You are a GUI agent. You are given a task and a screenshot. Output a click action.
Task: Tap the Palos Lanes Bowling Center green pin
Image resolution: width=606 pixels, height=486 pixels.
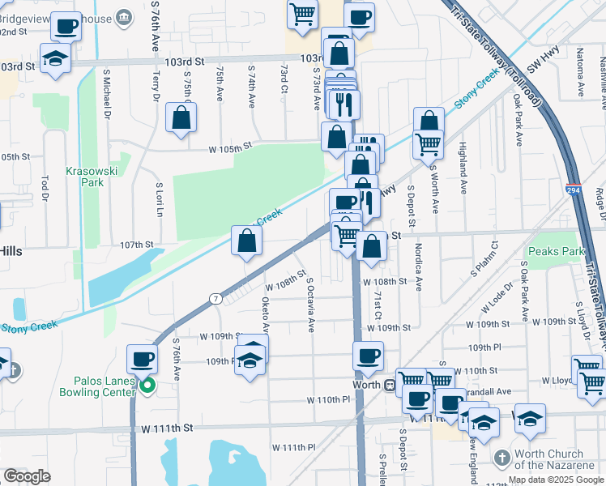pyautogui.click(x=147, y=386)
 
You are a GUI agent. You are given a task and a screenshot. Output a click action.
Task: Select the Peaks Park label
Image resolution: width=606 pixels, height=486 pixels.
pyautogui.click(x=555, y=252)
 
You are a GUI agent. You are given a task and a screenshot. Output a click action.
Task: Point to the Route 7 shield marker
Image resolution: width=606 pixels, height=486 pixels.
pyautogui.click(x=215, y=299)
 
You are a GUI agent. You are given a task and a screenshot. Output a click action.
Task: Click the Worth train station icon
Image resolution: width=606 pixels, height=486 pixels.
pyautogui.click(x=389, y=385)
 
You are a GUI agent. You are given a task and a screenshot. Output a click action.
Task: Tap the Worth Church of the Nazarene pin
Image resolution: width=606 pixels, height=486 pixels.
pyautogui.click(x=501, y=458)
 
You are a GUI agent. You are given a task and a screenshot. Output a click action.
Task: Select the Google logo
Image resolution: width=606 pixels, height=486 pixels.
pyautogui.click(x=27, y=476)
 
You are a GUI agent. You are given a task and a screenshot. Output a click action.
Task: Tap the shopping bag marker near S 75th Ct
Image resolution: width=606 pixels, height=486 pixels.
pyautogui.click(x=181, y=117)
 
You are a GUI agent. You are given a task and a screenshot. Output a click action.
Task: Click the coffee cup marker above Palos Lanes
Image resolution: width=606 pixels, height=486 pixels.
pyautogui.click(x=143, y=358)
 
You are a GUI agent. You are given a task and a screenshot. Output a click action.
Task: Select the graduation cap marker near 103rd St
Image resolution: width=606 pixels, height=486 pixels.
pyautogui.click(x=55, y=59)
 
